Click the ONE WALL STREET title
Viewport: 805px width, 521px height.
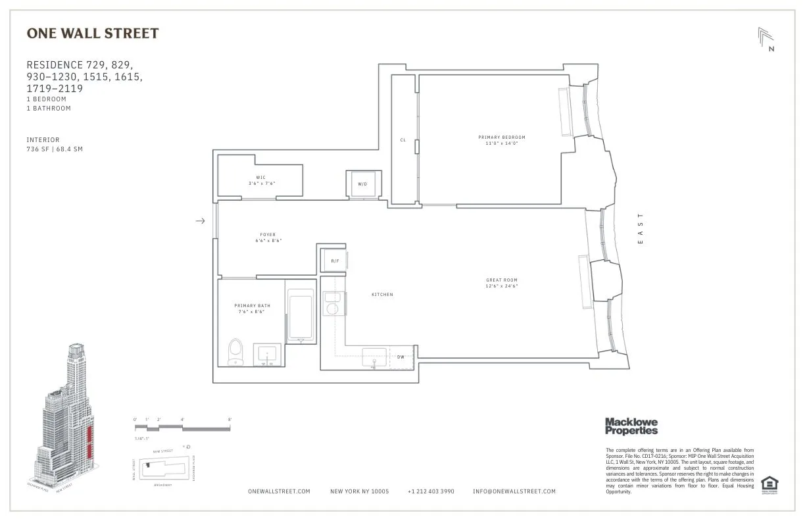[92, 33]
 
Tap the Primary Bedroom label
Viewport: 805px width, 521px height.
[502, 137]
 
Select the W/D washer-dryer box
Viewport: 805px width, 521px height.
[362, 184]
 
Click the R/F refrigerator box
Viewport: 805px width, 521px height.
[335, 261]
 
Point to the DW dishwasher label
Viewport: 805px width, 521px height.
[401, 357]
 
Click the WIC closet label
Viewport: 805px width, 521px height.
[261, 178]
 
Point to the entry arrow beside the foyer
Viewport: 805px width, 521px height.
[201, 222]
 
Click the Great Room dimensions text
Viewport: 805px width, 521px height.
[502, 286]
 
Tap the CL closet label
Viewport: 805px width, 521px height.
[403, 140]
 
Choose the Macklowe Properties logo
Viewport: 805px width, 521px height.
[631, 426]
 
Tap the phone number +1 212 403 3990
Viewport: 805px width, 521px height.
[430, 491]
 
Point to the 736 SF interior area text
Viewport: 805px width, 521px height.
[55, 149]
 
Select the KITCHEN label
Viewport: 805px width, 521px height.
[382, 295]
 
